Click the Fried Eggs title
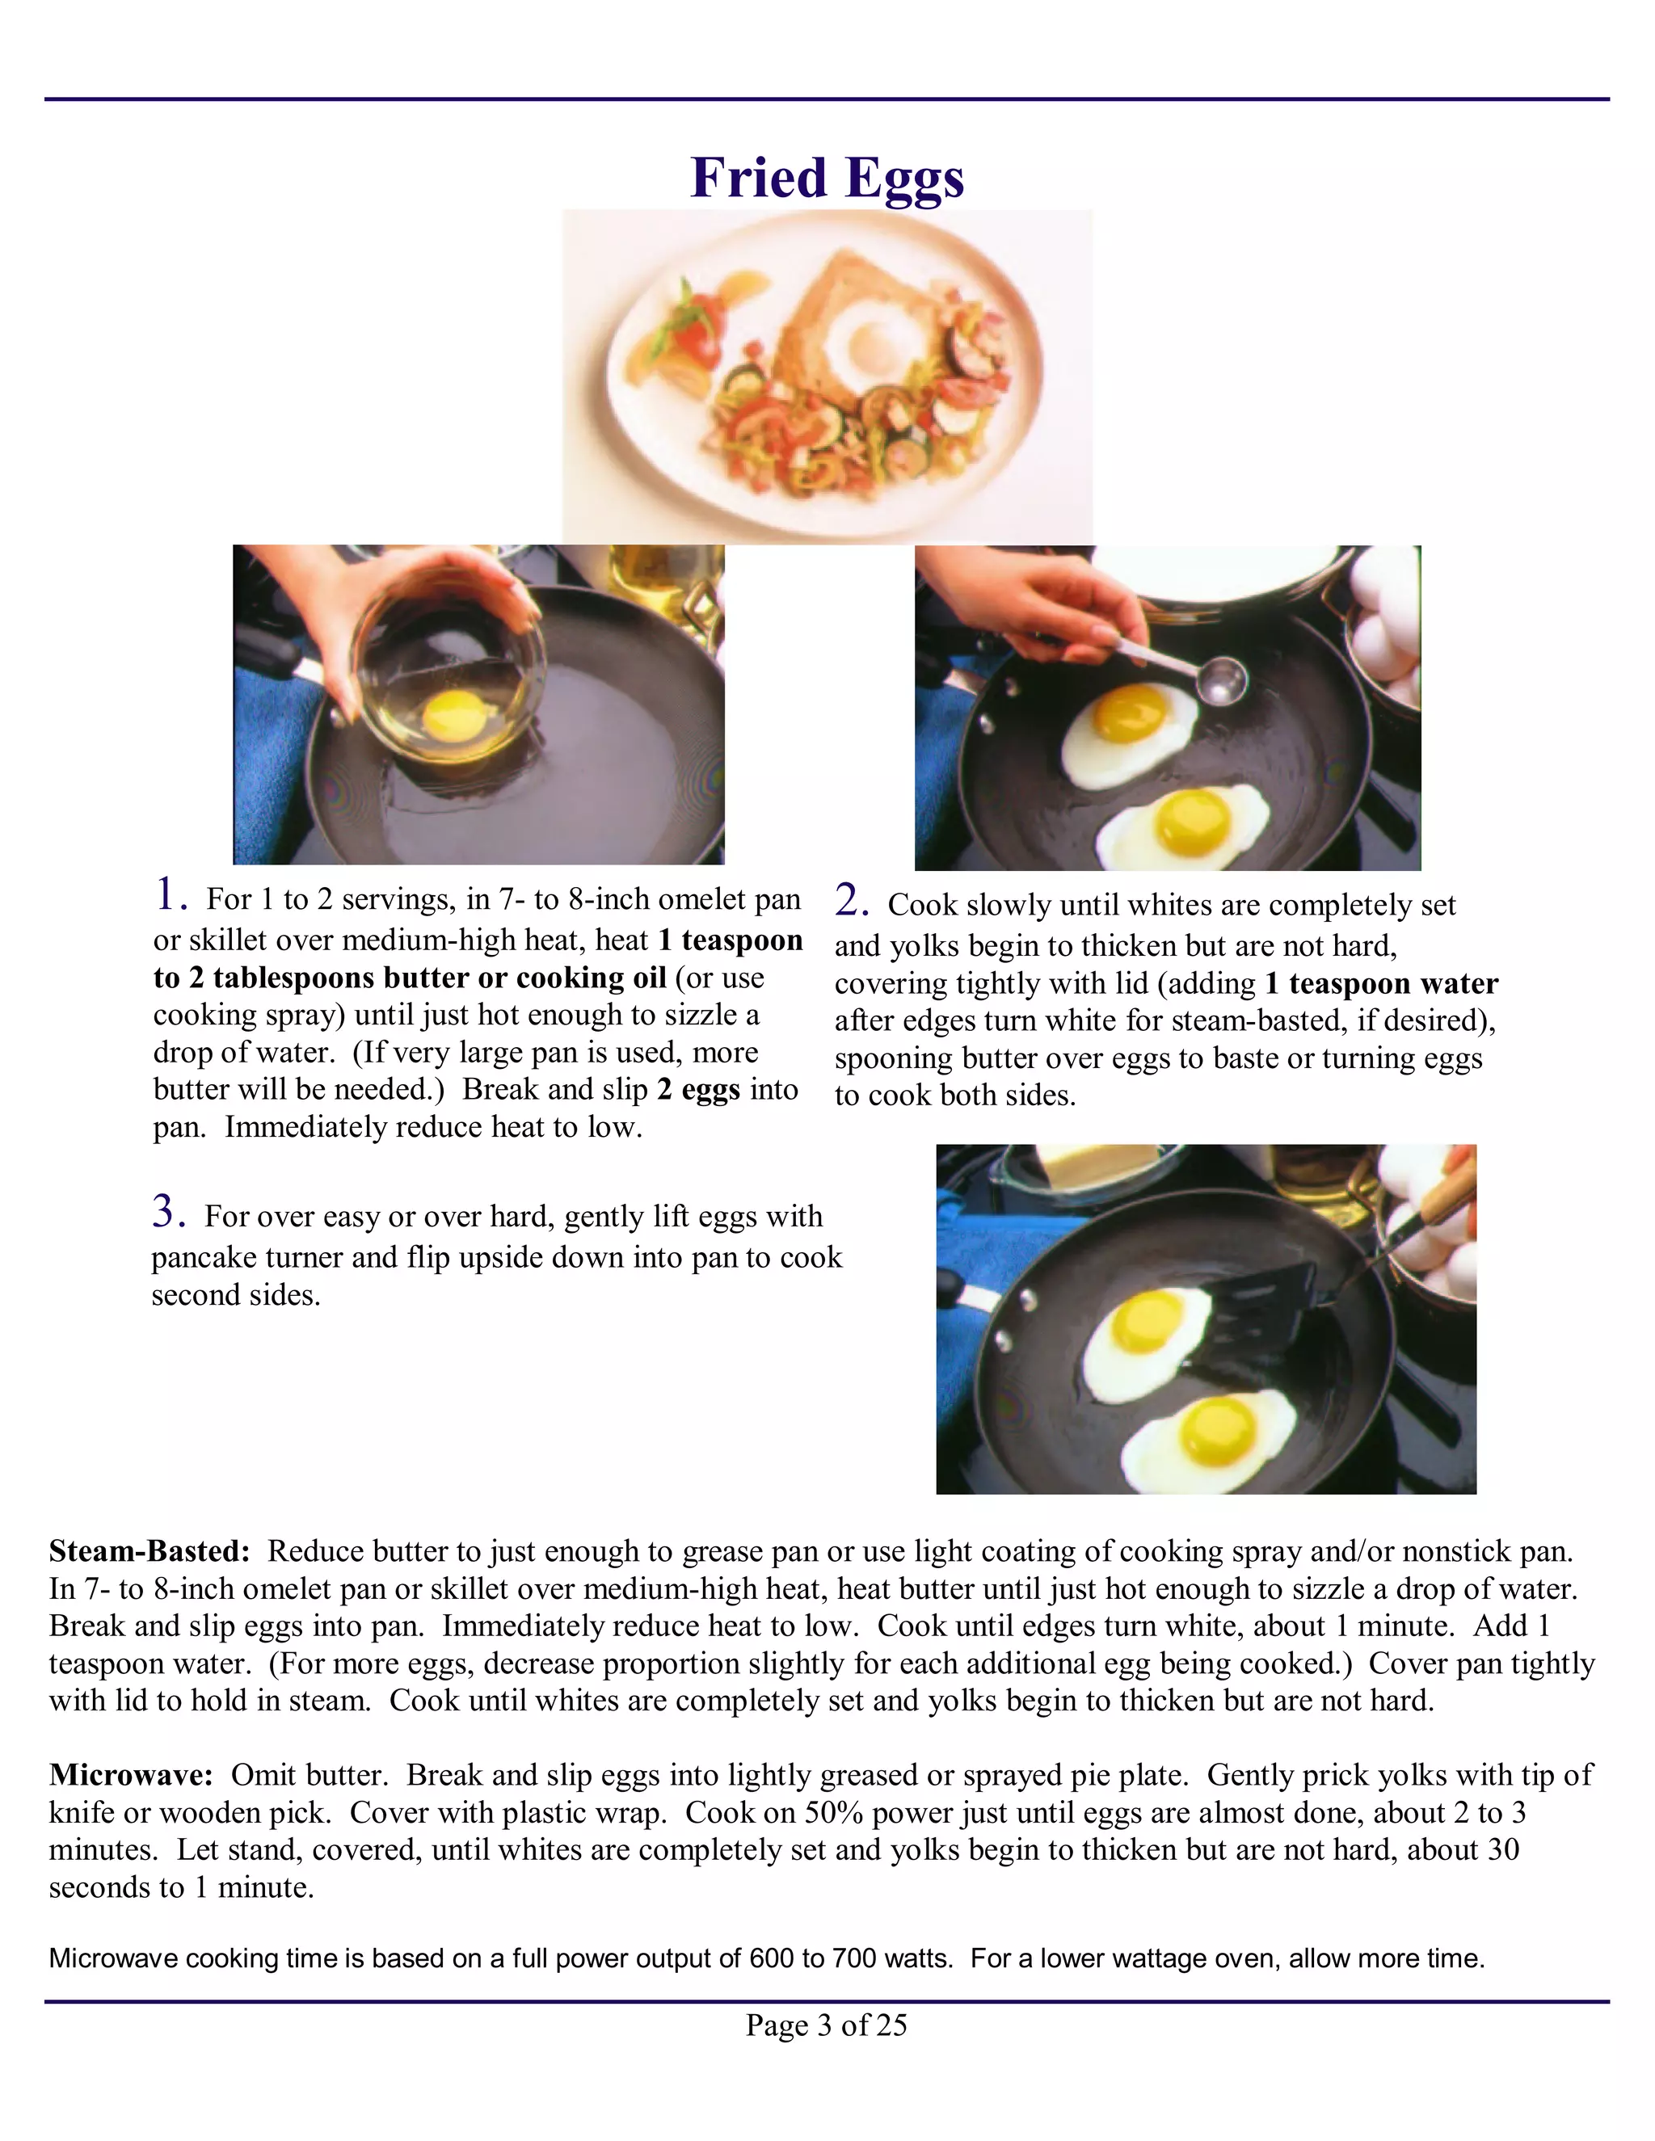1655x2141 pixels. [x=827, y=178]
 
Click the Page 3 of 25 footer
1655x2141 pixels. [x=827, y=2025]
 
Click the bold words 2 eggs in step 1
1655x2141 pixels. [x=698, y=1090]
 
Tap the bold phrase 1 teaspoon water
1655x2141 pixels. [x=1381, y=983]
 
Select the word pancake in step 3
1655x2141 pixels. [x=206, y=1258]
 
